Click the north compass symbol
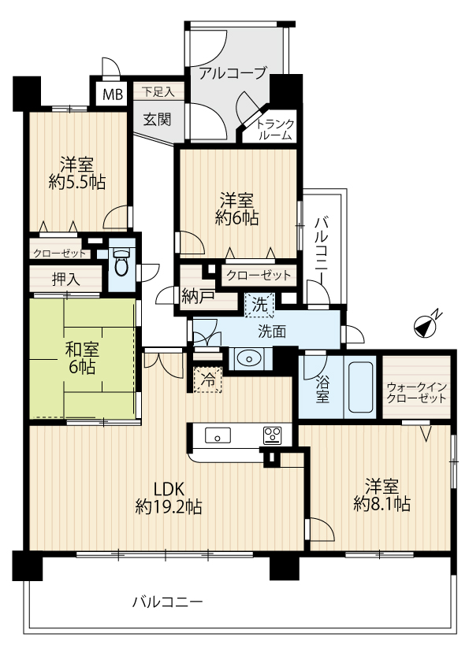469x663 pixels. tap(426, 326)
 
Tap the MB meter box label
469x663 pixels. tap(113, 94)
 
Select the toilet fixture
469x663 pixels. tap(122, 262)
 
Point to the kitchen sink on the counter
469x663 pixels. tap(218, 435)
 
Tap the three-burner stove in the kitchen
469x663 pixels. tap(272, 435)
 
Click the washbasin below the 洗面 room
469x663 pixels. tap(248, 359)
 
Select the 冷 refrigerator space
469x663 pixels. tap(207, 380)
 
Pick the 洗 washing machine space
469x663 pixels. tap(259, 305)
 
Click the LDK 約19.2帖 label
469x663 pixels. tap(169, 498)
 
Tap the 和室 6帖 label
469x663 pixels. tap(82, 358)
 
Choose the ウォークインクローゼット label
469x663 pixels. tap(416, 393)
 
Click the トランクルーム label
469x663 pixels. tap(275, 130)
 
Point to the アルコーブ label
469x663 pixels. tap(233, 72)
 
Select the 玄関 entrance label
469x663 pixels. tap(157, 120)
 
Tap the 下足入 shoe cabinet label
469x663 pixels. tap(158, 92)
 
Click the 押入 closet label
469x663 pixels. tap(66, 279)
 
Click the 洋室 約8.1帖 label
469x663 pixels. tap(382, 494)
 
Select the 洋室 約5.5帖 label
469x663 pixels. tap(76, 173)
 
